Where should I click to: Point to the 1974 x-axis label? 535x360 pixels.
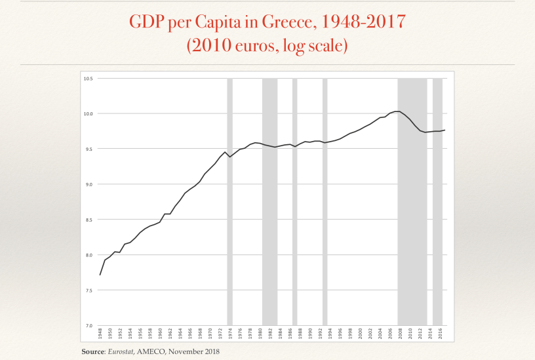tap(229, 334)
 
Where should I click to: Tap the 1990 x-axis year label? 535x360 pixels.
tap(309, 334)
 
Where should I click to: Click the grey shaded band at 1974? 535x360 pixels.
tap(229, 197)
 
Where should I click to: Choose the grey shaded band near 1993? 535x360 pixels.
tap(325, 197)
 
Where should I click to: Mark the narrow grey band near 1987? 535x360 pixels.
tap(294, 197)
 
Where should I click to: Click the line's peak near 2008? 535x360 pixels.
tap(397, 111)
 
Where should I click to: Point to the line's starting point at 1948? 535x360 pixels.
tap(100, 275)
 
